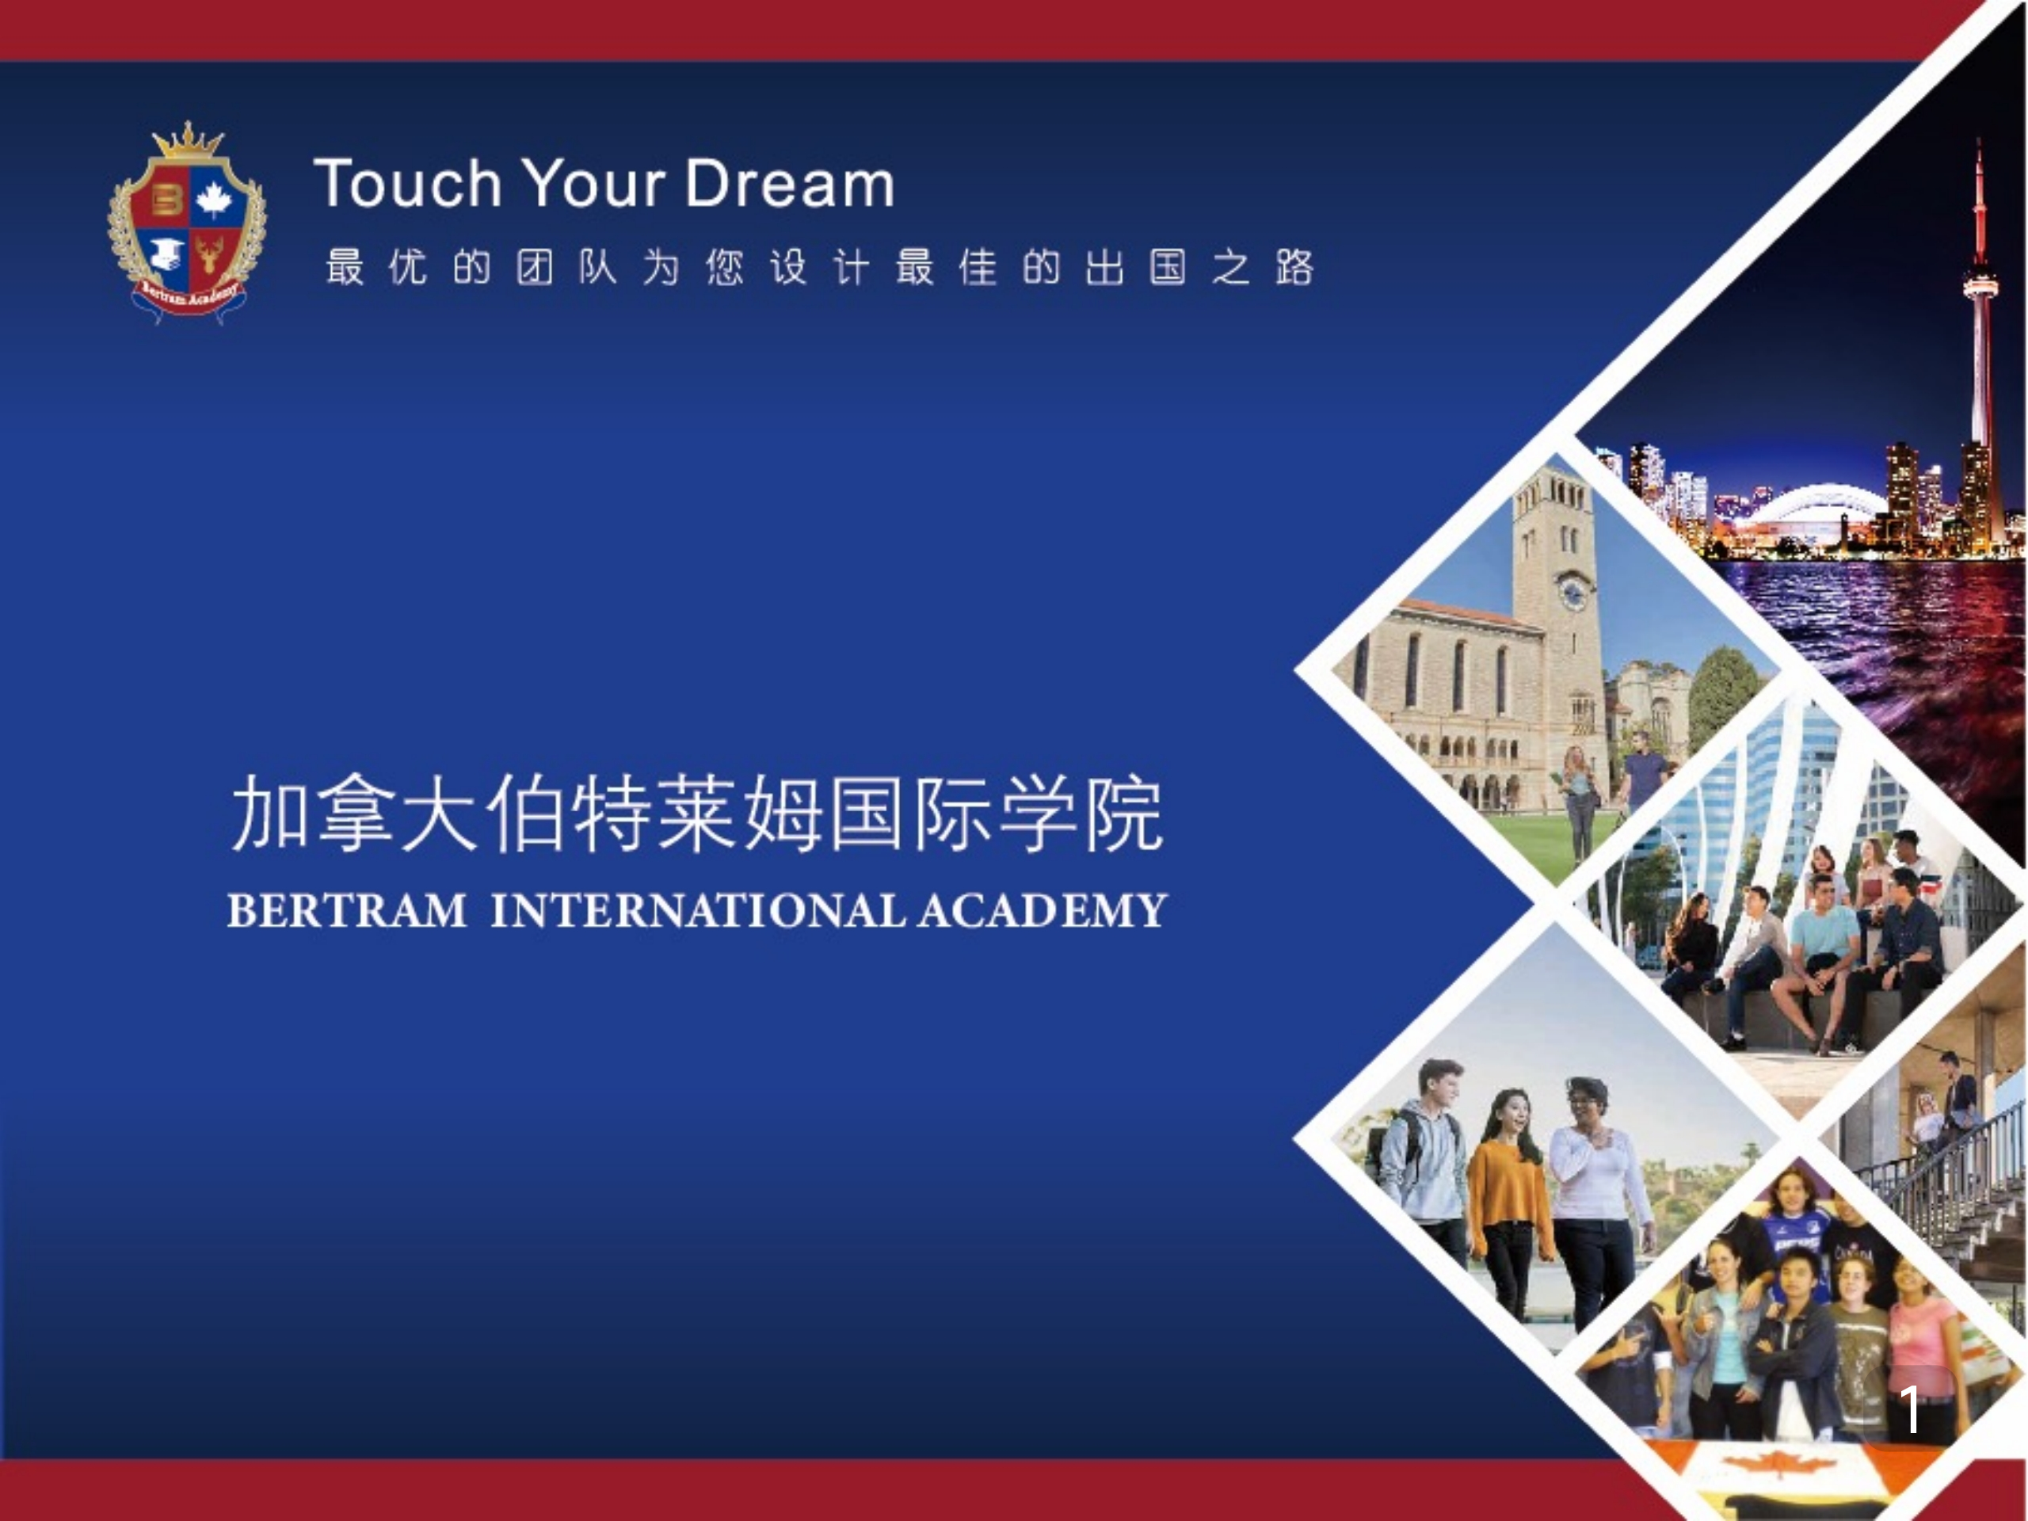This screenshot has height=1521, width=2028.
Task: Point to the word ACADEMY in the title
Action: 1043,910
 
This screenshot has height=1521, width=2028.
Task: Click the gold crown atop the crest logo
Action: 188,142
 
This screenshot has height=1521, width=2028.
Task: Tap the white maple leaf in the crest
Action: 215,199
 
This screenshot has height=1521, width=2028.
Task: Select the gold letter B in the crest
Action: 166,200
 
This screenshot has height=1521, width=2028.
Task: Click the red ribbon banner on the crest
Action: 188,298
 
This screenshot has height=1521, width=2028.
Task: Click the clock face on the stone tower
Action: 1572,594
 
